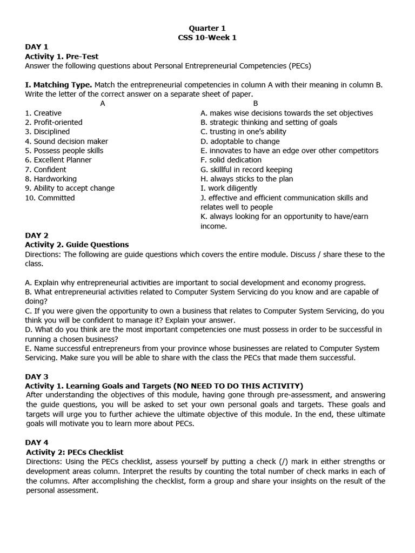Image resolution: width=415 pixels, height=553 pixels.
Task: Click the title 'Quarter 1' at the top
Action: tap(207, 28)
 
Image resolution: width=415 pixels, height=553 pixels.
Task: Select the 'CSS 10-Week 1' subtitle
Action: tap(207, 37)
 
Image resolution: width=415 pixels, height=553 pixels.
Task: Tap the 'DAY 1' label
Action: tap(37, 47)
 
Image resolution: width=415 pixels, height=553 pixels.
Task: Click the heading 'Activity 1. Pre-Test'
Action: tap(62, 56)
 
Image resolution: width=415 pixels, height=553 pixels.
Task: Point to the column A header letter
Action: tap(103, 104)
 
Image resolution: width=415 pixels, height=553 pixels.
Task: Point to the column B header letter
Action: tap(256, 104)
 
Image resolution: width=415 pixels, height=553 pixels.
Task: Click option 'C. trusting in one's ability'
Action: tap(243, 132)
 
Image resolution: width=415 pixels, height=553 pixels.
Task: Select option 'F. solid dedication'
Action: tap(231, 160)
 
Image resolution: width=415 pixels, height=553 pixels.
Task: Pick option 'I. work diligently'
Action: tap(229, 188)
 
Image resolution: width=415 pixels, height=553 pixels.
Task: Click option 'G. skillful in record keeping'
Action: tap(246, 170)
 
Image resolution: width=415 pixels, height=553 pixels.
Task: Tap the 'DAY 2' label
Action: tap(37, 235)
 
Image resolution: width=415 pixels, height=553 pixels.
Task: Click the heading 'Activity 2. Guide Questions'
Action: tap(77, 245)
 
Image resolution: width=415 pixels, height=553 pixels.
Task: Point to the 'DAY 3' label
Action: tap(37, 376)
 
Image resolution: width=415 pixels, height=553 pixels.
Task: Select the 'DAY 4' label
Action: tap(37, 442)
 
